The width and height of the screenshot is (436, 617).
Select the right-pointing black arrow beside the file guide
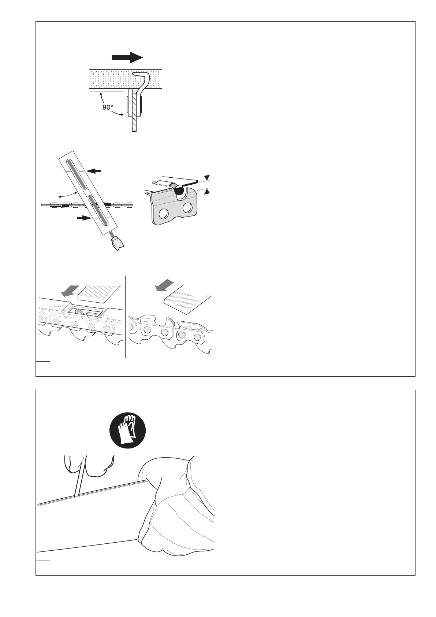point(84,218)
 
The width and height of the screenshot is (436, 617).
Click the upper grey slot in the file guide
point(76,174)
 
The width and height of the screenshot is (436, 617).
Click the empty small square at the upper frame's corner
point(42,369)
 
